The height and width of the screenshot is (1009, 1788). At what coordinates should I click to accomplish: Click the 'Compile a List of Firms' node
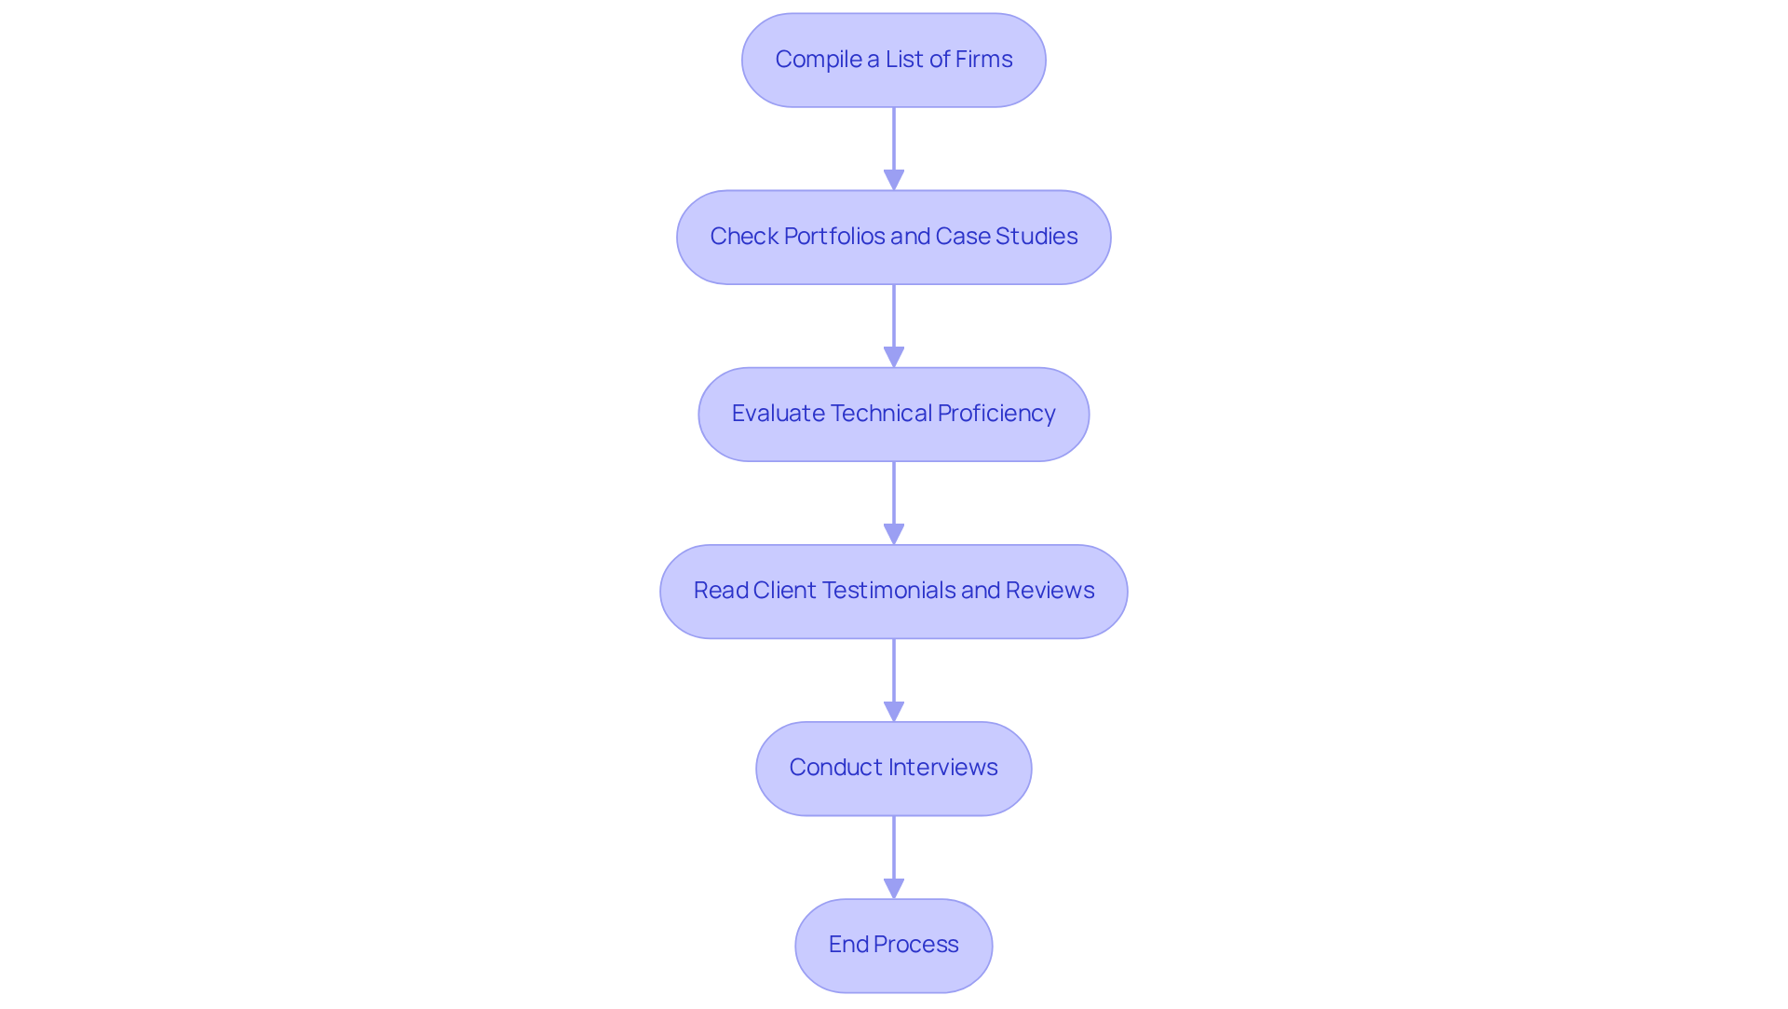(x=893, y=61)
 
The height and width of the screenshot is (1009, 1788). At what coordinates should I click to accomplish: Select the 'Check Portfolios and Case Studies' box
(x=893, y=238)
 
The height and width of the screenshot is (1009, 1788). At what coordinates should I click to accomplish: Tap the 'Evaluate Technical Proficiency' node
(x=893, y=415)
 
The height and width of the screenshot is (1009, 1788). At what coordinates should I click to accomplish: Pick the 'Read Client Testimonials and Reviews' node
(x=893, y=592)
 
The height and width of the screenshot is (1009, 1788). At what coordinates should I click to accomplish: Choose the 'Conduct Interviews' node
(x=893, y=769)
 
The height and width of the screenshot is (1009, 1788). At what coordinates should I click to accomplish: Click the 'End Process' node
(x=893, y=946)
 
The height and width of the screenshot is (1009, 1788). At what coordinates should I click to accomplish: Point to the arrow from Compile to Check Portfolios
(x=894, y=144)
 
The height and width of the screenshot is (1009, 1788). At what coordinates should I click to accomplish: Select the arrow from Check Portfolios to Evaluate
(x=894, y=321)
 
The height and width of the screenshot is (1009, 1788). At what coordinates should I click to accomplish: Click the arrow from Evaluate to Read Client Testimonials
(x=894, y=498)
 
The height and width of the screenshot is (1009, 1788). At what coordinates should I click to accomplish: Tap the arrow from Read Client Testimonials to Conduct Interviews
(x=894, y=675)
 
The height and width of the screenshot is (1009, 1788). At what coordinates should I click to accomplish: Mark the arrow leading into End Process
(x=894, y=852)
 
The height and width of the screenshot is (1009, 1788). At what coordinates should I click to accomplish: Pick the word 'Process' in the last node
(x=915, y=945)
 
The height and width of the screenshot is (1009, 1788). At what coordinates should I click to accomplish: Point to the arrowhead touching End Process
(x=894, y=889)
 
